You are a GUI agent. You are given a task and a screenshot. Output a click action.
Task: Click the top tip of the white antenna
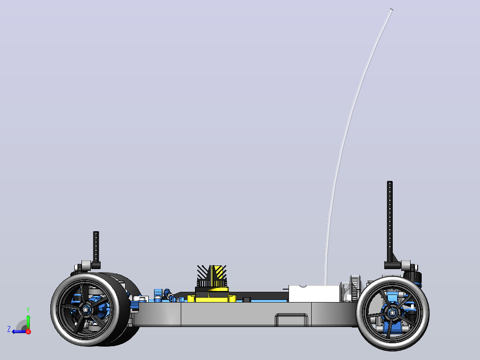tap(391, 10)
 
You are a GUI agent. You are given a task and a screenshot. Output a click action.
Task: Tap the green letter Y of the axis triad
tap(28, 310)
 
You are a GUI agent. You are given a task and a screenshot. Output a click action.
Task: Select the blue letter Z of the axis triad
tap(9, 329)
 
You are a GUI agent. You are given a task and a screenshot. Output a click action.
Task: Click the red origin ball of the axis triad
tap(28, 331)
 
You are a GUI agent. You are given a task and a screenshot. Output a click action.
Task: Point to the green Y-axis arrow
tap(28, 322)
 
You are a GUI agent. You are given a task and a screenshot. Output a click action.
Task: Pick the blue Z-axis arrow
tap(20, 331)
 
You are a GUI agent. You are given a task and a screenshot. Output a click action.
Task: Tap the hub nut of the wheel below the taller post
tap(392, 312)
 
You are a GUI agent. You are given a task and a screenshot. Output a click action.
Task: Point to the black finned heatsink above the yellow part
tap(212, 276)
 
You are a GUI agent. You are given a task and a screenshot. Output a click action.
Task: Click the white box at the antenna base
tap(314, 294)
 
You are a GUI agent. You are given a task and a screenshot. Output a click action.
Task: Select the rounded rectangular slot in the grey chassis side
tap(291, 319)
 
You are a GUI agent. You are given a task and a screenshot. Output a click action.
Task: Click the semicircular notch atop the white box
tap(303, 286)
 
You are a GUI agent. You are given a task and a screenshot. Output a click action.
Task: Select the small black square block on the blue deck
tap(247, 299)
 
